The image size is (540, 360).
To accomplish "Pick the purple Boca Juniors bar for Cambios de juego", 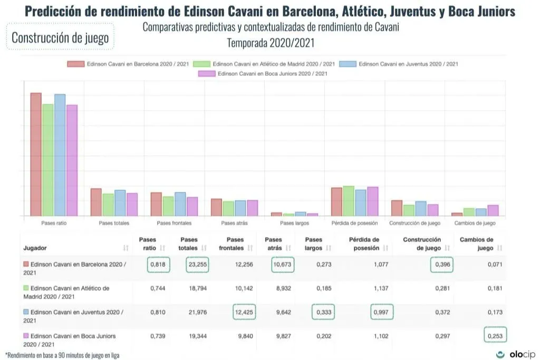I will (493, 210).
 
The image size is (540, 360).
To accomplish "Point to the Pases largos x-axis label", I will (294, 223).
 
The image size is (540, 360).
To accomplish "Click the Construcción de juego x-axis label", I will (414, 223).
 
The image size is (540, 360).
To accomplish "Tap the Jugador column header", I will (35, 248).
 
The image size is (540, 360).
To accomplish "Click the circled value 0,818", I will (158, 265).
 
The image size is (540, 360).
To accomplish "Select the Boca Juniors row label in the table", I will (72, 339).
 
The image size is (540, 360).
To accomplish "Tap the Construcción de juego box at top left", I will (60, 37).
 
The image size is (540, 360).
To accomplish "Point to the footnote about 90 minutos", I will (62, 355).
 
